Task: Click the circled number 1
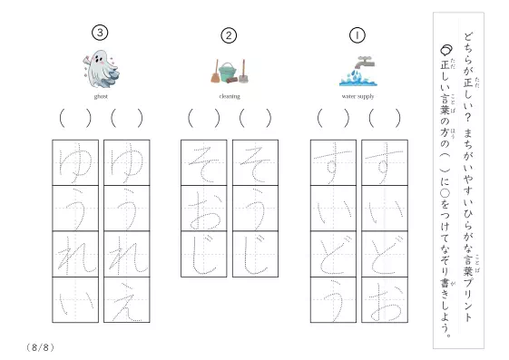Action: (357, 35)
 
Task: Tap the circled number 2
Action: (229, 35)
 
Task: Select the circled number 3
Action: (100, 33)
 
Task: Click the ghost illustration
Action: (101, 69)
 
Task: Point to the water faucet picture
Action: (358, 71)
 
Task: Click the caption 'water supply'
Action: (357, 96)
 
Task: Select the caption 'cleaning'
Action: (230, 96)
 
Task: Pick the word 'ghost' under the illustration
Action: (101, 96)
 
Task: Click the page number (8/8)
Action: (40, 347)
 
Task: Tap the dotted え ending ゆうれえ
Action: (127, 301)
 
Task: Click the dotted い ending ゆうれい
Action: (76, 303)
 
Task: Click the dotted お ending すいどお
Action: (386, 302)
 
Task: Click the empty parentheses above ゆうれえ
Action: (127, 118)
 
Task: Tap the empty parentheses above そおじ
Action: (204, 118)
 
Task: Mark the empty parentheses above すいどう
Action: (333, 118)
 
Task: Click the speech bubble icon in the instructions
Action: (446, 49)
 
